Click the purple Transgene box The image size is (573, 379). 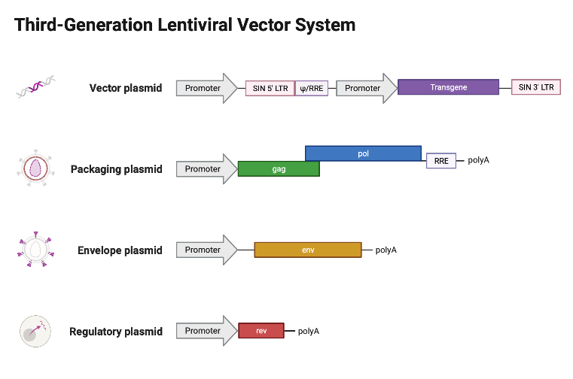[x=448, y=87]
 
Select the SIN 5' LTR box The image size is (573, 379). [x=270, y=88]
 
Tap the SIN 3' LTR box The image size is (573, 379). [x=535, y=87]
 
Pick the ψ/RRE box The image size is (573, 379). [x=311, y=88]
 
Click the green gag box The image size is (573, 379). [x=278, y=169]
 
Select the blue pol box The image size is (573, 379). [x=363, y=153]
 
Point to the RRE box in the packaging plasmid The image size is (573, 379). [x=440, y=160]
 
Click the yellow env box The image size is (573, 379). [x=307, y=250]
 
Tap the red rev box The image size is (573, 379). [x=261, y=331]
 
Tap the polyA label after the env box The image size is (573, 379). [x=386, y=250]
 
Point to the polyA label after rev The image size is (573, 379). [x=309, y=331]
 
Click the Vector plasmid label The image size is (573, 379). [x=125, y=88]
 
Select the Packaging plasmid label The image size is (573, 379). [x=116, y=169]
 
